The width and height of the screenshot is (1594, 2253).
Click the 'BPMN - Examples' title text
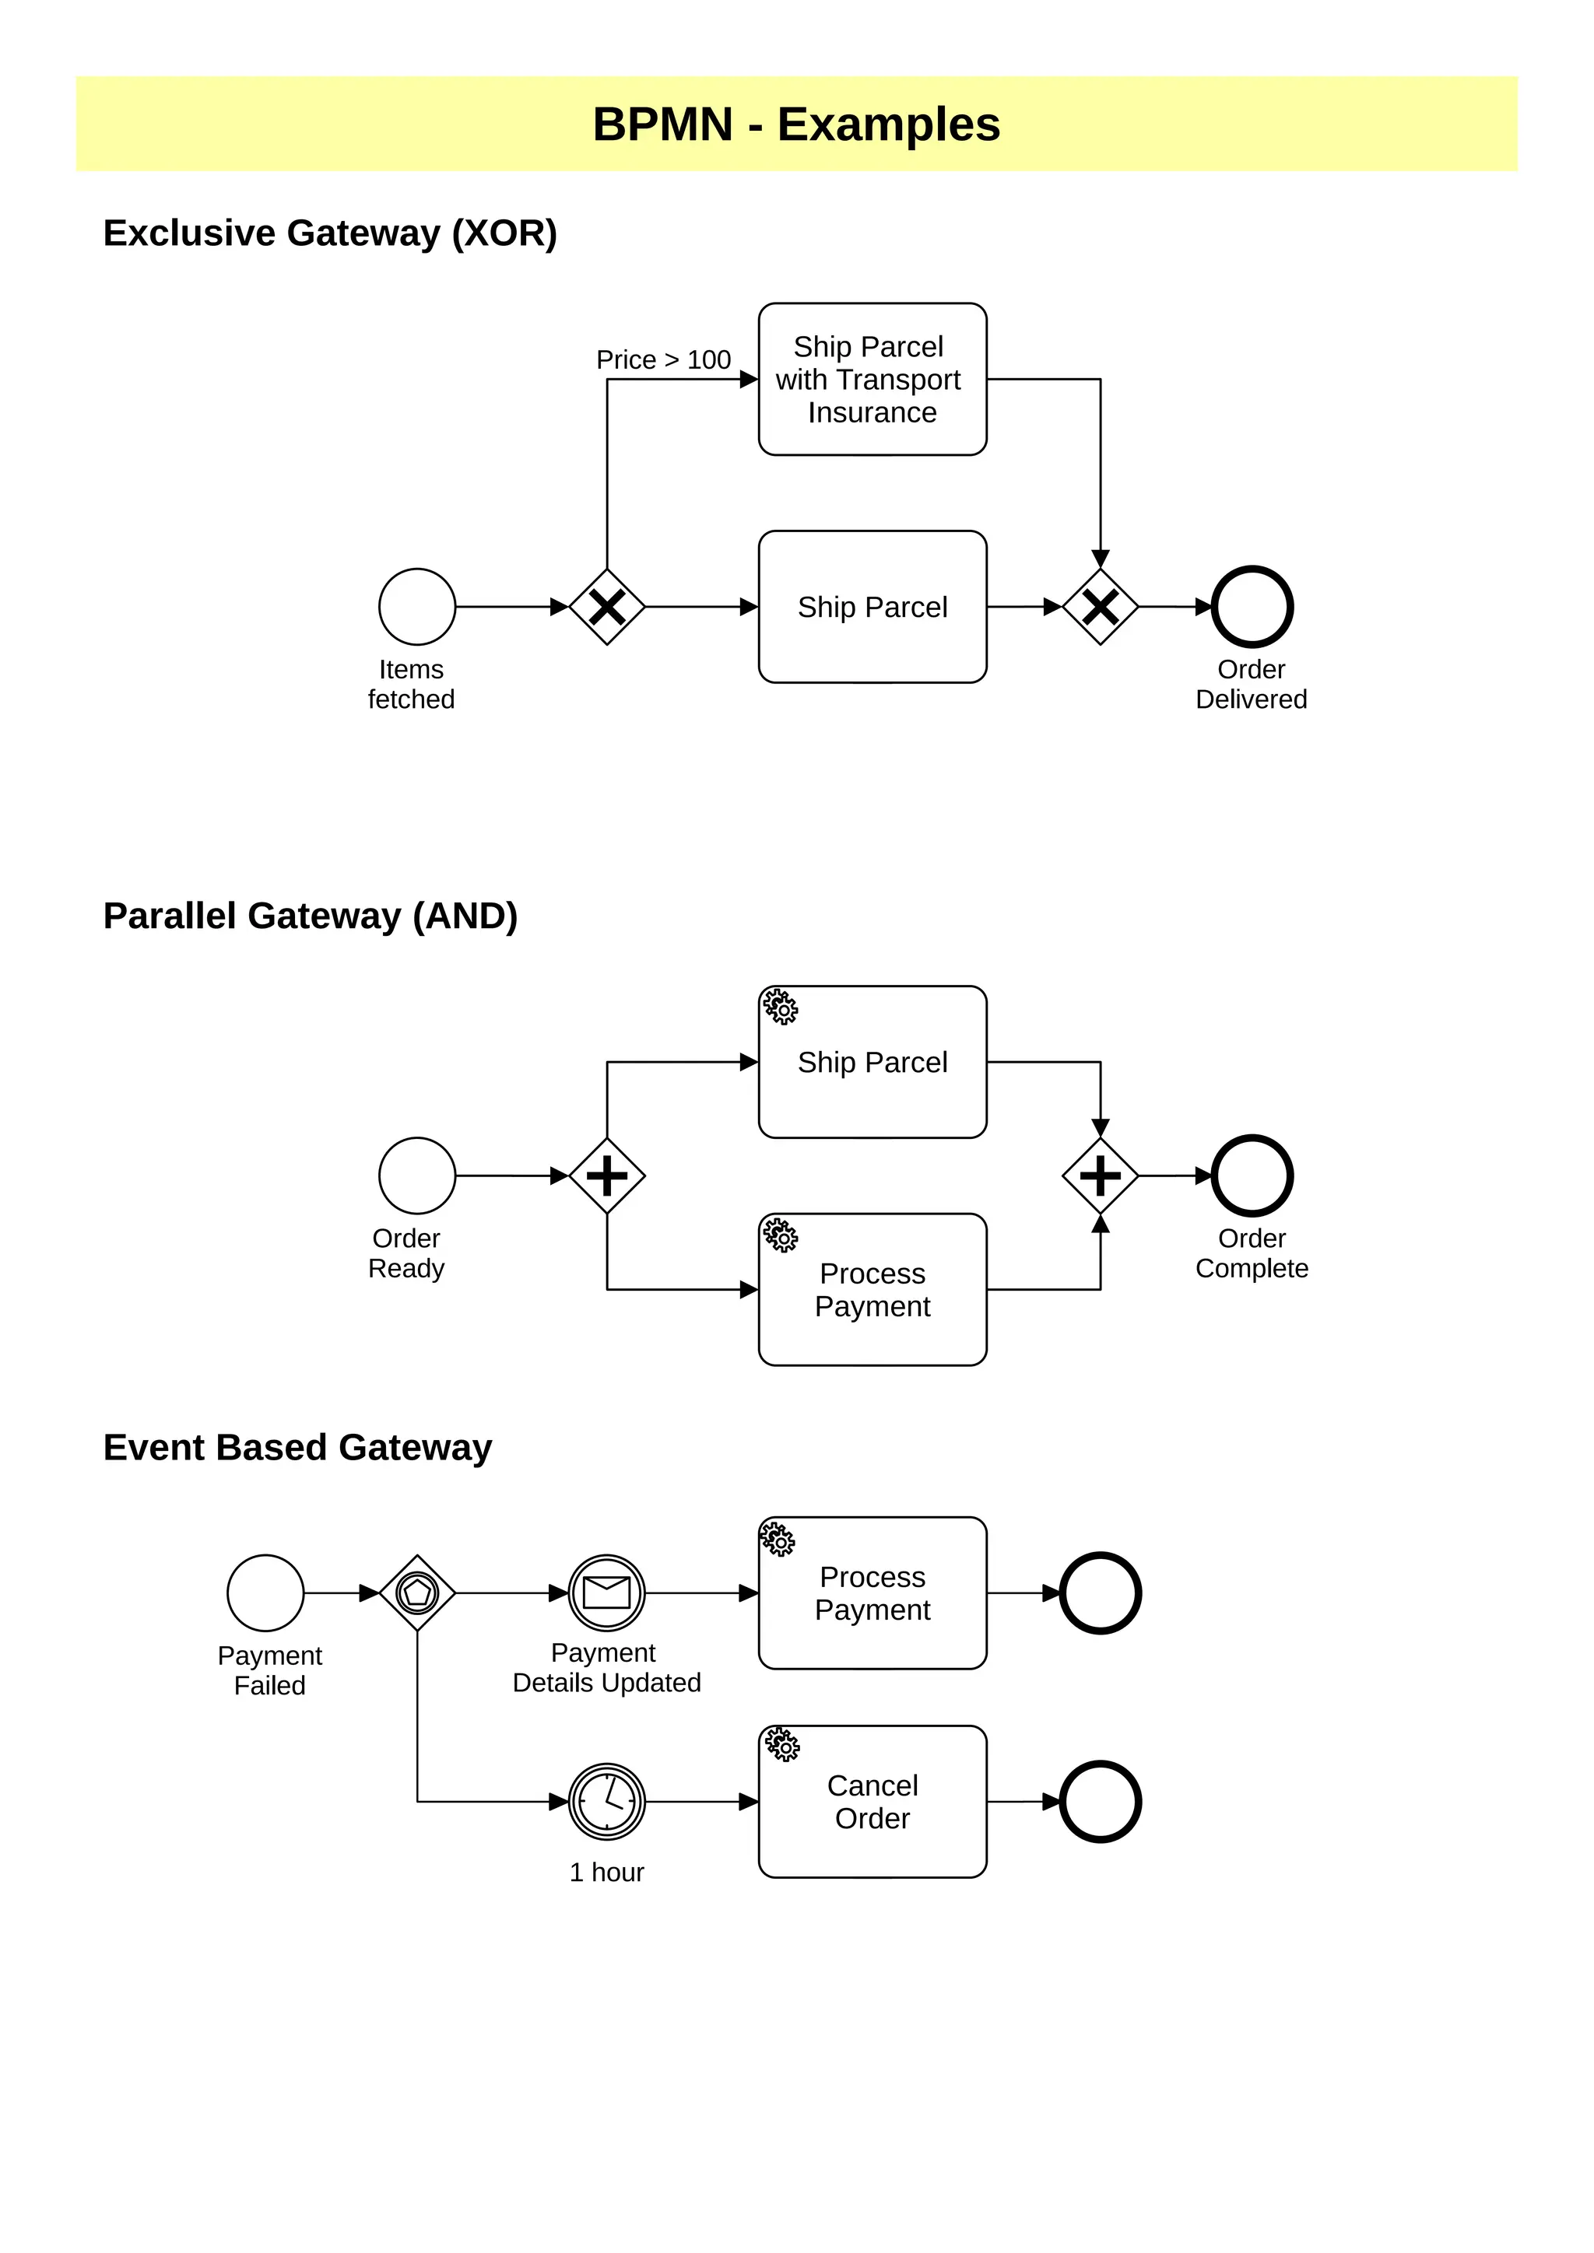[796, 124]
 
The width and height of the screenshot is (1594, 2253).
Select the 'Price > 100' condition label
[663, 360]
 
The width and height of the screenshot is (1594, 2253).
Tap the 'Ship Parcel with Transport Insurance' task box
[872, 379]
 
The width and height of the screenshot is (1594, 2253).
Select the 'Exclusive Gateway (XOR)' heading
[330, 233]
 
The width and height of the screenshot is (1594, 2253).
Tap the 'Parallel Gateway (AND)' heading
[311, 916]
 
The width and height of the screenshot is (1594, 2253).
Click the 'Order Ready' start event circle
[417, 1176]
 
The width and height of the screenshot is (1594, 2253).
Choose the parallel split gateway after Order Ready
[608, 1176]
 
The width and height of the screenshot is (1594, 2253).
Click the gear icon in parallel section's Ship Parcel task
[781, 1007]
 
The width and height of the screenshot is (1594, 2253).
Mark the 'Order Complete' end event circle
[1252, 1176]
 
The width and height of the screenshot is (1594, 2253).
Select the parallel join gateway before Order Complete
[1101, 1176]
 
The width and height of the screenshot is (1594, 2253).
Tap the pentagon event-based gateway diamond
[417, 1593]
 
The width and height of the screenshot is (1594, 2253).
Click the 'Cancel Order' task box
[872, 1802]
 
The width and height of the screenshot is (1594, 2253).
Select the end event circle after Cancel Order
[1101, 1802]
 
